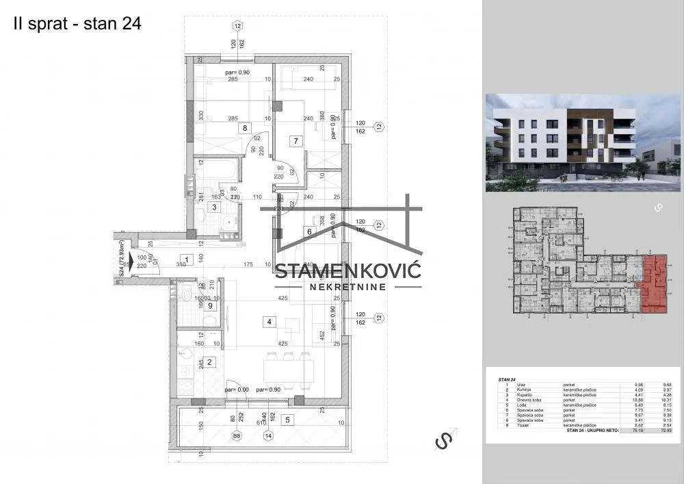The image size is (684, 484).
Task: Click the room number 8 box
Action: [x=243, y=127]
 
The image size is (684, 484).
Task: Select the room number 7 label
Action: [x=295, y=142]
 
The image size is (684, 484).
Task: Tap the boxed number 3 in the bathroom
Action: [x=214, y=207]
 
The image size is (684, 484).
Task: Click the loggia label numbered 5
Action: [x=287, y=420]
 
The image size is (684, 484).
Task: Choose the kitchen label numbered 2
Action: [x=211, y=362]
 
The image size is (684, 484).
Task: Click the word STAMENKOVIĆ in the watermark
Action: [x=347, y=270]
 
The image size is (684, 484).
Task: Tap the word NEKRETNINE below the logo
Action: [x=347, y=287]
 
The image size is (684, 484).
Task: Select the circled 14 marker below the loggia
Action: [x=268, y=435]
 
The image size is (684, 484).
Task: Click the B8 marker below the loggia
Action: [x=237, y=435]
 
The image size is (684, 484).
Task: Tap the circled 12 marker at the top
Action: [x=237, y=26]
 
